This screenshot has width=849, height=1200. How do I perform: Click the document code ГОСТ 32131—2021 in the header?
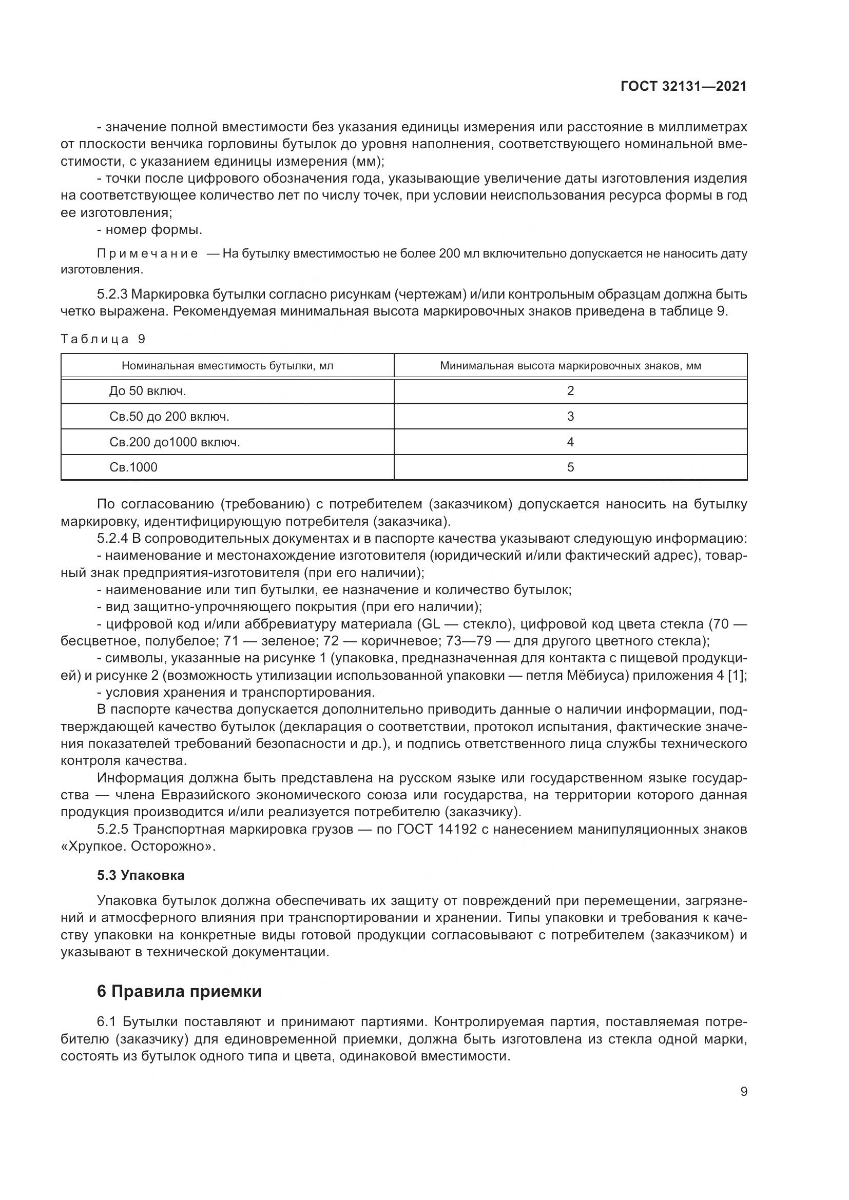(x=683, y=86)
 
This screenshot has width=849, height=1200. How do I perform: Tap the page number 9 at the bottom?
(x=744, y=1092)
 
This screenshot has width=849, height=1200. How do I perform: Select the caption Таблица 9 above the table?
(x=103, y=339)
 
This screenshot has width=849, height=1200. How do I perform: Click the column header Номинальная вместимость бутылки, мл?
(x=227, y=366)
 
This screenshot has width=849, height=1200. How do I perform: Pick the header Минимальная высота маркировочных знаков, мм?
(x=570, y=366)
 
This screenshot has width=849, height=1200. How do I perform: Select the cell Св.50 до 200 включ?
(x=169, y=417)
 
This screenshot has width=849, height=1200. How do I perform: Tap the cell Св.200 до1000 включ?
(x=175, y=442)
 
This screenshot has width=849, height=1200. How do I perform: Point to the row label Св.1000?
(x=133, y=467)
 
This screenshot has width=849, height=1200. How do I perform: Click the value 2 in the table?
(x=570, y=391)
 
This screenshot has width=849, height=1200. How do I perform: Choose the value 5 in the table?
(x=570, y=467)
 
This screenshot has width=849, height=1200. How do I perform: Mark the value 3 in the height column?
(x=570, y=417)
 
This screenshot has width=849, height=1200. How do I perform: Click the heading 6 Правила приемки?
(x=179, y=992)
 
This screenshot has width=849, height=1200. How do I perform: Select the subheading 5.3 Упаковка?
(x=141, y=875)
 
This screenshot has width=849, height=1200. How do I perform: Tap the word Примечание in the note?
(x=147, y=254)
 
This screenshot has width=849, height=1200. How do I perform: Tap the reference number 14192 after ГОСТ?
(x=454, y=830)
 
